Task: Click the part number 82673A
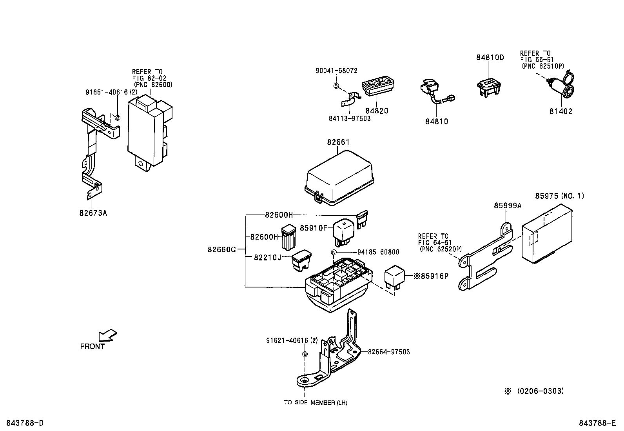93,213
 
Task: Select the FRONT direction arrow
108,336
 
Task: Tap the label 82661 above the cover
338,142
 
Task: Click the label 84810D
490,58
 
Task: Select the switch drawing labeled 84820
378,87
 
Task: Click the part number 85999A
508,206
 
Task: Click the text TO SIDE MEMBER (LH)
316,402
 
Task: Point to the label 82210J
267,257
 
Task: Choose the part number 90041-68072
336,71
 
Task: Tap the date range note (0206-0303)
540,391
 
